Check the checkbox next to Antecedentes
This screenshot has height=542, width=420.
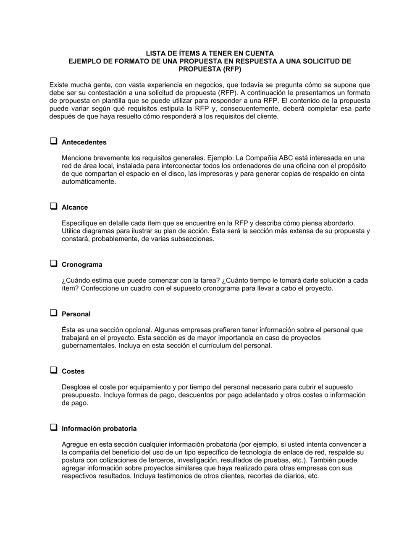pyautogui.click(x=53, y=141)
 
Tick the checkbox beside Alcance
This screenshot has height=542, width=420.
pyautogui.click(x=53, y=206)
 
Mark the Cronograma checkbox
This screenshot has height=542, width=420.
pyautogui.click(x=53, y=264)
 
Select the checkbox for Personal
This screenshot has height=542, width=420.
pyautogui.click(x=53, y=313)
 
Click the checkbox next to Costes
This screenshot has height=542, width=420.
pyautogui.click(x=53, y=370)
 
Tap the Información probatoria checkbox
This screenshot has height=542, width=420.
pyautogui.click(x=53, y=428)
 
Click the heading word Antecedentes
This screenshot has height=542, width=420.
pyautogui.click(x=84, y=142)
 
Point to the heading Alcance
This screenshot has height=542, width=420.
pyautogui.click(x=75, y=208)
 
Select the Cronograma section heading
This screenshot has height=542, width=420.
pyautogui.click(x=82, y=265)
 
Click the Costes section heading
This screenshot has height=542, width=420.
pyautogui.click(x=73, y=371)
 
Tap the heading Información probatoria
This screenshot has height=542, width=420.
pyautogui.click(x=99, y=429)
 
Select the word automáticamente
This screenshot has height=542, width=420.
pyautogui.click(x=89, y=182)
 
